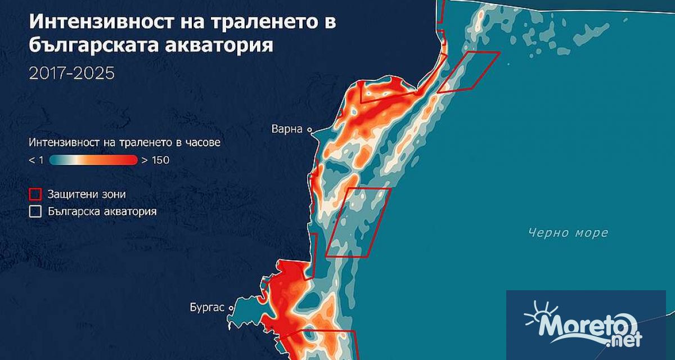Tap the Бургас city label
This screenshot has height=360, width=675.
(209, 308)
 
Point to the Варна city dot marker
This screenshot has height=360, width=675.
(309, 129)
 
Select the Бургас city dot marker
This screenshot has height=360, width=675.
(231, 308)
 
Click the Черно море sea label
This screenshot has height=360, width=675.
(568, 233)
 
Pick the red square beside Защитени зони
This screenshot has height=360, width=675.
(35, 195)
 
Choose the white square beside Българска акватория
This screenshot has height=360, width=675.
(35, 211)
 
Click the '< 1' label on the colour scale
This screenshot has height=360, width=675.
(36, 160)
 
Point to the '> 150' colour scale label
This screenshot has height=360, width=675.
(155, 160)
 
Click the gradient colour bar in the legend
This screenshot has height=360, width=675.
(93, 160)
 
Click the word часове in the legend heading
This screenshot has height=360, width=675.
(201, 142)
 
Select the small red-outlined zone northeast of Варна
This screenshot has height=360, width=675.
(469, 71)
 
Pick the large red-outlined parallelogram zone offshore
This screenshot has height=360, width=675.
(359, 222)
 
